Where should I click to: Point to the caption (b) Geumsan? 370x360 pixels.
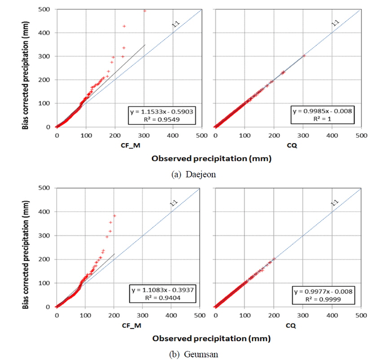[194, 354]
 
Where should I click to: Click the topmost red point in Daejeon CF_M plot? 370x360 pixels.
[145, 11]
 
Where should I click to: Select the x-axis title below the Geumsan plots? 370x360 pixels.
[211, 338]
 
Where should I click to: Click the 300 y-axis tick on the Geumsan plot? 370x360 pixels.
[46, 235]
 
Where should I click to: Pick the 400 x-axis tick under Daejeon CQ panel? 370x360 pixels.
[332, 135]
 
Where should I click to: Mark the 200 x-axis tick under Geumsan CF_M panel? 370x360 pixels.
[114, 315]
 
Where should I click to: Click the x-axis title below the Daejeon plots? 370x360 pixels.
[211, 158]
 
